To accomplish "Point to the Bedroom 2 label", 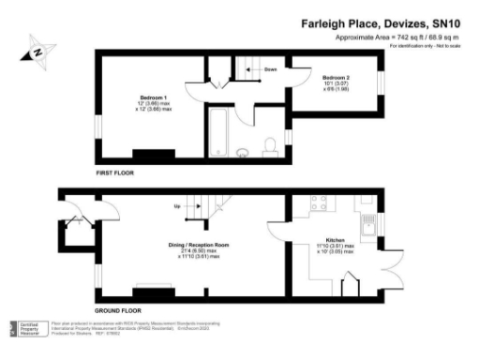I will pos(336,77).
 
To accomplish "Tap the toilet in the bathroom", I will pos(270,146).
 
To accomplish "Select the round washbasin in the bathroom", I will pos(243,150).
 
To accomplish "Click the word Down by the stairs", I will pos(270,69).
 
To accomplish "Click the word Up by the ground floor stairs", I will pos(177,206).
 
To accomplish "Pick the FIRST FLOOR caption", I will pos(118,174).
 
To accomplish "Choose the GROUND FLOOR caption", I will pos(119,309).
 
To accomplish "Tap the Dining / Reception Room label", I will pos(199,245).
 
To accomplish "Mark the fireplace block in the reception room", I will pos(154,290).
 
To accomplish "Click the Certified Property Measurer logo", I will pos(27,327).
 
